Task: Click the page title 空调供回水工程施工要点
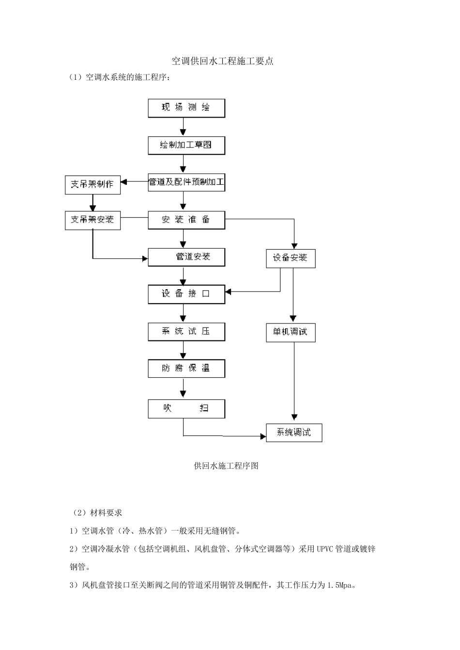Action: [223, 61]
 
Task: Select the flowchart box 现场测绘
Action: [186, 108]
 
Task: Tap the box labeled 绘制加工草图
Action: [186, 145]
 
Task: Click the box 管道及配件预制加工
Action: [186, 182]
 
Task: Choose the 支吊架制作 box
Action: [92, 185]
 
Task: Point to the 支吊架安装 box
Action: [92, 220]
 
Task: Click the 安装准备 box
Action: [186, 220]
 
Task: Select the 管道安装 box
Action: [186, 257]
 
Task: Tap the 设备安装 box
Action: [291, 258]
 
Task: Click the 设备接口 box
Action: [186, 294]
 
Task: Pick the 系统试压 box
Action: [186, 332]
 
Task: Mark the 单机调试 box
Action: [291, 332]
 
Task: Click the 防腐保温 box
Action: [186, 369]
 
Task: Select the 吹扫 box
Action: [186, 409]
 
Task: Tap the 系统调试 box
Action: [294, 432]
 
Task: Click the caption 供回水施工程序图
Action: [226, 466]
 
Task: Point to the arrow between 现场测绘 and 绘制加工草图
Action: [183, 127]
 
